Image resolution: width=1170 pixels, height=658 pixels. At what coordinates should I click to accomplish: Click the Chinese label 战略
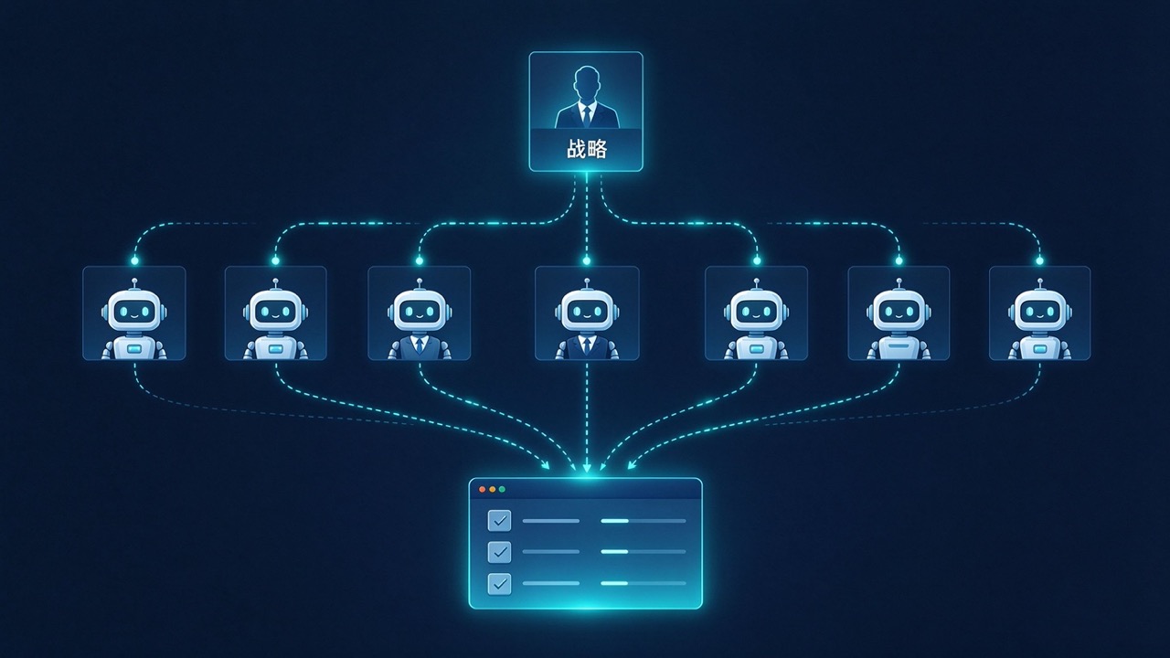pos(587,149)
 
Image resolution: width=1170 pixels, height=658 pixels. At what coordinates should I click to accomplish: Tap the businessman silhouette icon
pos(587,97)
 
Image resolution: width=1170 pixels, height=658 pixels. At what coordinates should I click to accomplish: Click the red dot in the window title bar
pos(482,489)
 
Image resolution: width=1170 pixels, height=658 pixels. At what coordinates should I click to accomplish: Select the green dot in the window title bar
pos(502,489)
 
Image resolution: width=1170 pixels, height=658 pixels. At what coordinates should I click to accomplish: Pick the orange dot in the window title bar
pos(492,489)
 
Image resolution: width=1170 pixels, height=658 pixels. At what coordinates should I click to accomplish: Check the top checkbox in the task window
pos(499,521)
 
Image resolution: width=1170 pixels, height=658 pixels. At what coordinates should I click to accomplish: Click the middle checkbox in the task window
pos(499,552)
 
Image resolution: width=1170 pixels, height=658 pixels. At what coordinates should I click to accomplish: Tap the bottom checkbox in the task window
pos(499,583)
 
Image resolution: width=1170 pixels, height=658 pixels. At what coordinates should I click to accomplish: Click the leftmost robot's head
pos(134,312)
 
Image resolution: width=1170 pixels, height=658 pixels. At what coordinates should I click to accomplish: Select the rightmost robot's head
pos(1039,312)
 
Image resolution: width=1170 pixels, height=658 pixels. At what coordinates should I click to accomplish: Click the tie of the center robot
pos(587,345)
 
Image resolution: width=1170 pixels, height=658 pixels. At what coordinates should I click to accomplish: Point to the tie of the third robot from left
pos(419,345)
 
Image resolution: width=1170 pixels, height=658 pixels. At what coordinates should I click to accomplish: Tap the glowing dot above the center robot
pos(587,260)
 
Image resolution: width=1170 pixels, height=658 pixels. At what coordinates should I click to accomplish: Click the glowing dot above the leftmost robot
pos(134,260)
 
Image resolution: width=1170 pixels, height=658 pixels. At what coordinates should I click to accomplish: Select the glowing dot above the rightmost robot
pos(1039,260)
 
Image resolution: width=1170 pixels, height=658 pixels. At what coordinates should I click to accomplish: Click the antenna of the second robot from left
pos(275,284)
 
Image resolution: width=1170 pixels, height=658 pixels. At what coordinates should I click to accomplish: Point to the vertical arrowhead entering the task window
pos(587,468)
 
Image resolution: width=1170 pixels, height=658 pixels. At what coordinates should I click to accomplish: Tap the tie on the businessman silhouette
pos(587,116)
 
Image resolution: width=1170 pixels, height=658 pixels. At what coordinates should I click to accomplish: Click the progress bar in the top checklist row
pos(643,521)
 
